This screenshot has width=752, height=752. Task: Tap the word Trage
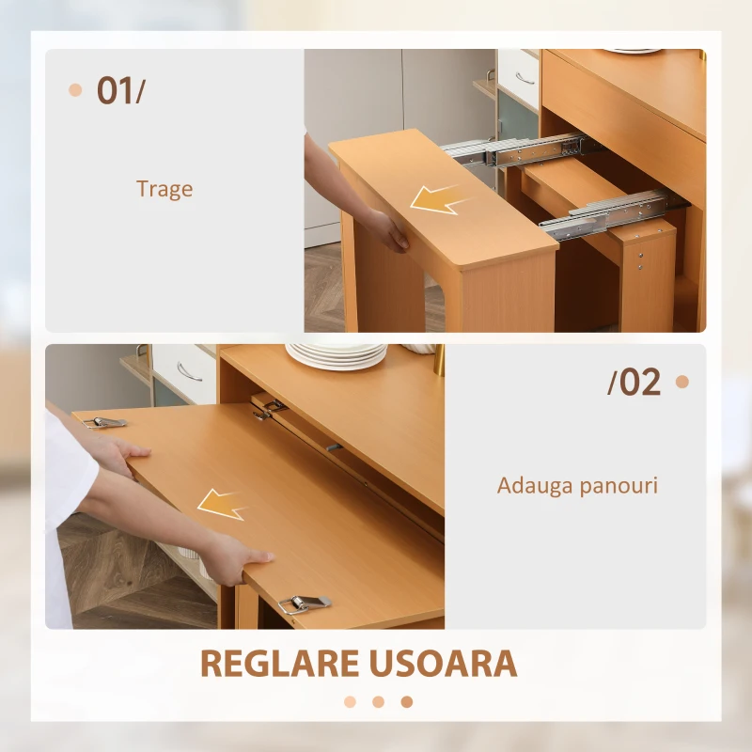coord(164,189)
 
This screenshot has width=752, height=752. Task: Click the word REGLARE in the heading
coord(281,664)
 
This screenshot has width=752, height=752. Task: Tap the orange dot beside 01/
coord(76,90)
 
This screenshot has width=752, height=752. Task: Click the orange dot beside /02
coord(682,382)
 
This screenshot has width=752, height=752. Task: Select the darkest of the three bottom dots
coord(406,701)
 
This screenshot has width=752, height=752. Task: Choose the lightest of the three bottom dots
coord(350,701)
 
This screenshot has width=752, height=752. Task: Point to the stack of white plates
coord(337,355)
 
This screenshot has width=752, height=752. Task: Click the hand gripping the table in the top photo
coord(388,230)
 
